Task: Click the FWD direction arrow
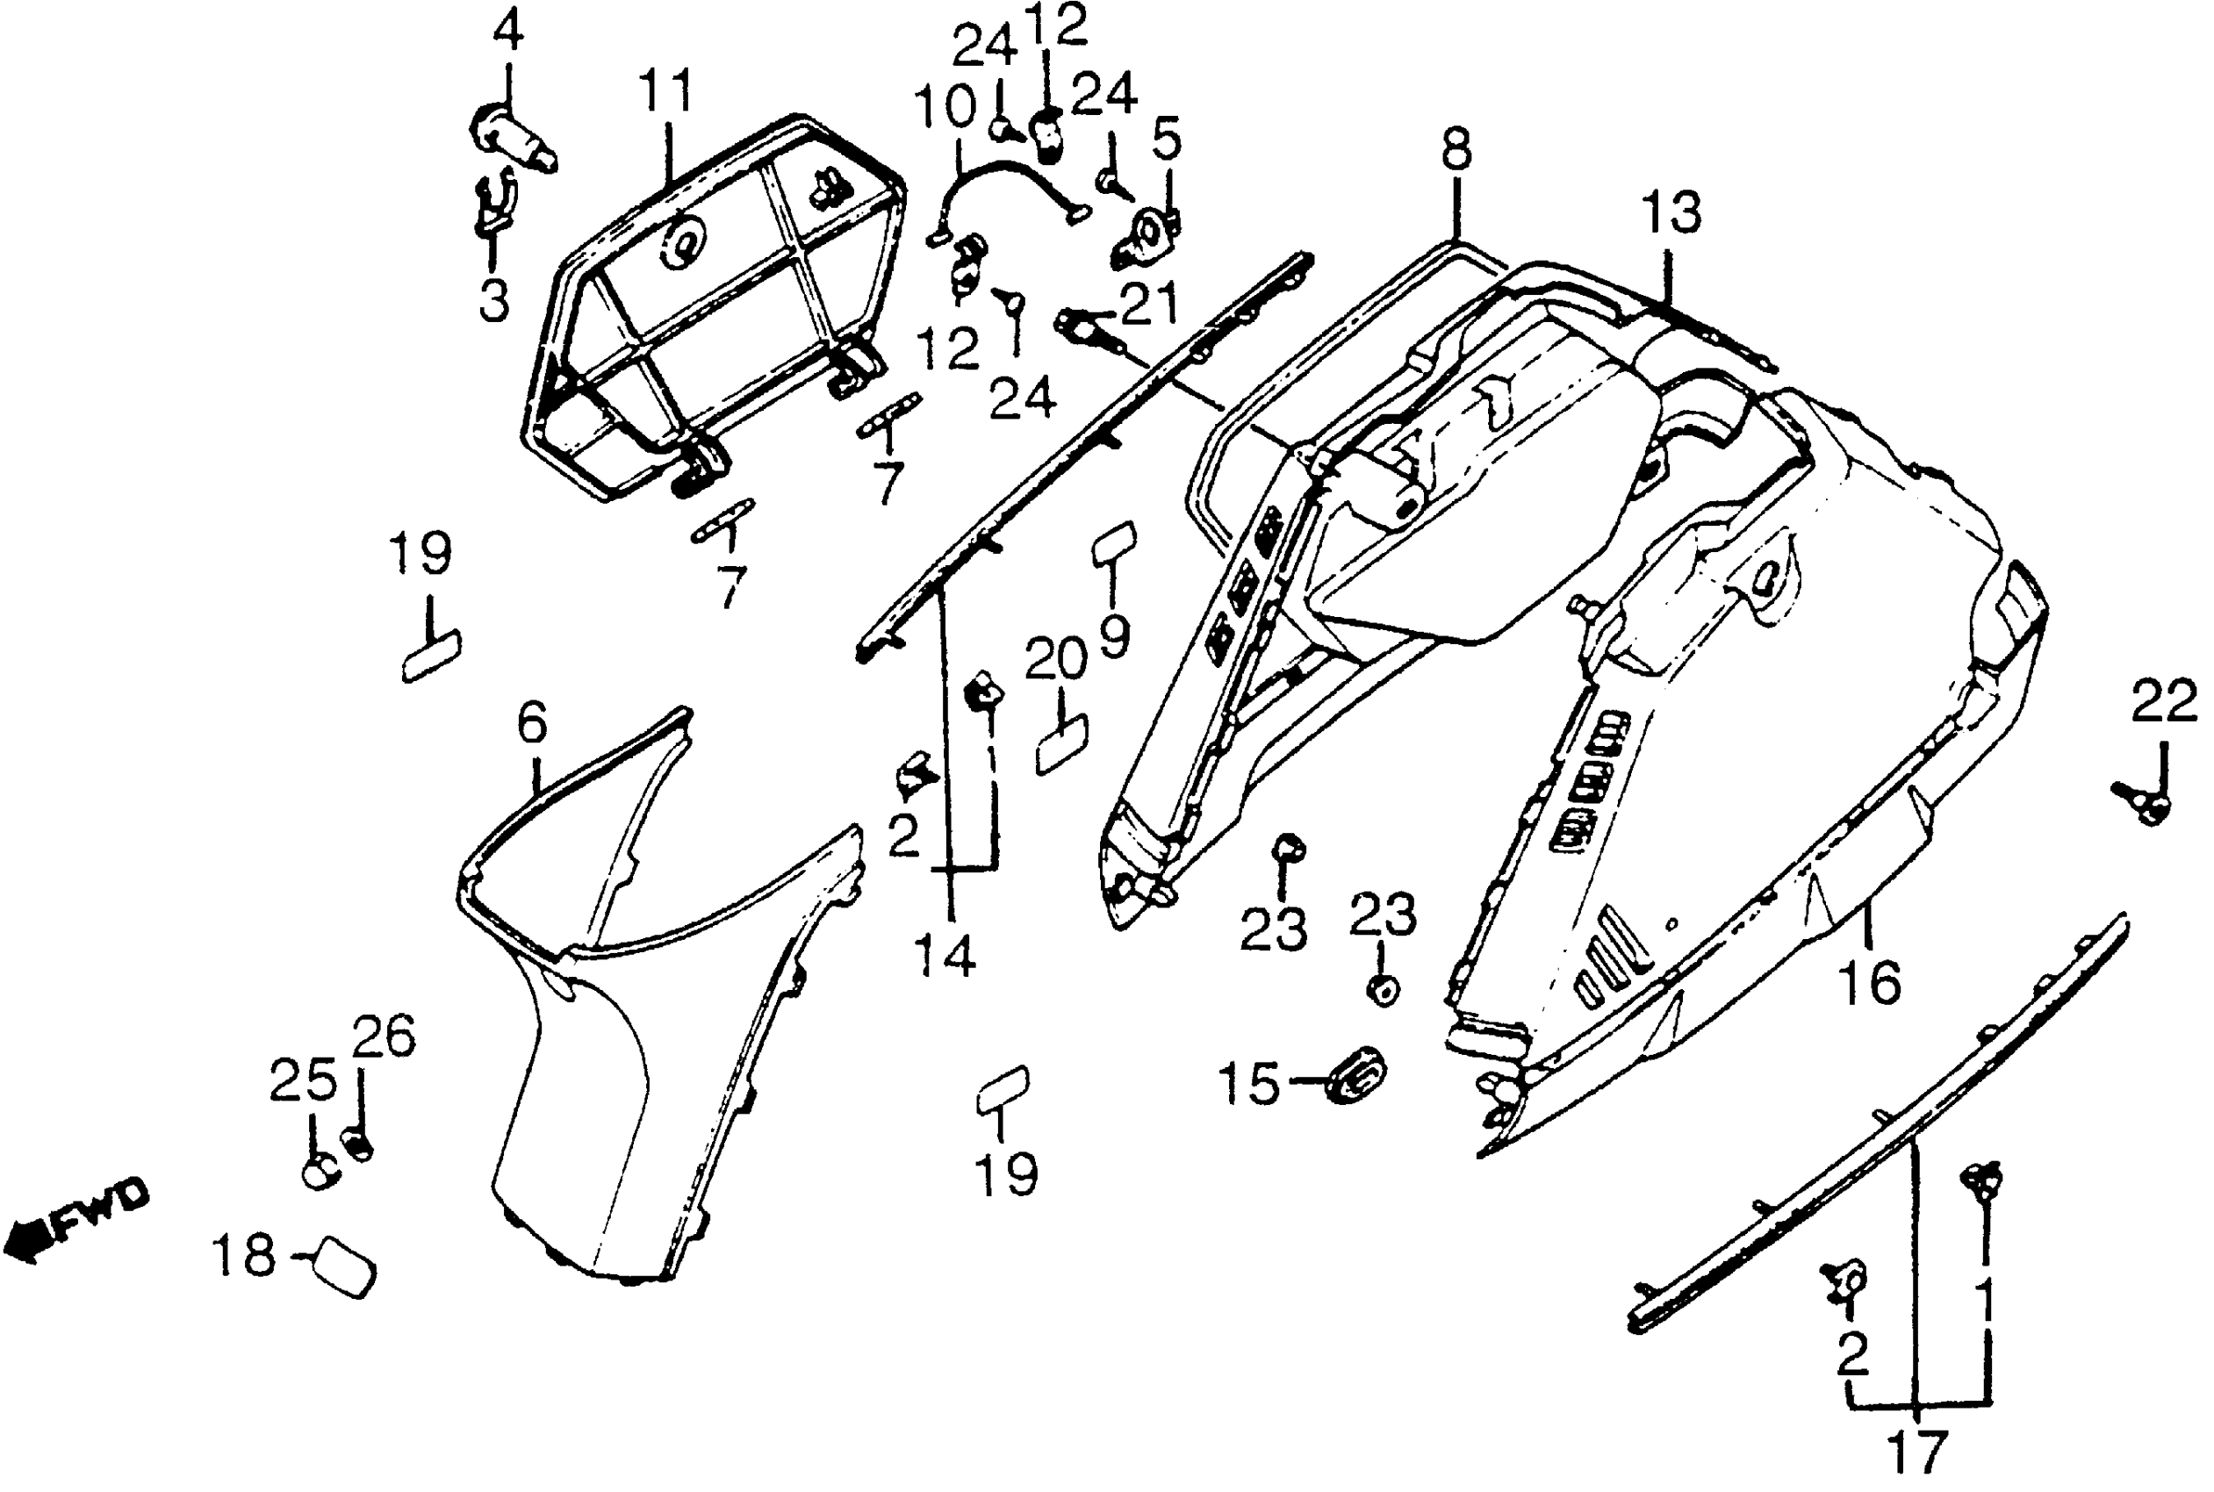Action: [x=76, y=1223]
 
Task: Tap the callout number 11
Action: [x=665, y=91]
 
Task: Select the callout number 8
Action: [x=1456, y=149]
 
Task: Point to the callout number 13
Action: [x=1671, y=212]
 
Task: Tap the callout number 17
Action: [x=1917, y=1453]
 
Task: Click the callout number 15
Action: [x=1249, y=1084]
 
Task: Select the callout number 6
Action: [x=532, y=723]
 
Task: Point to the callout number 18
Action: [x=245, y=1255]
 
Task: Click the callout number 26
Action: [x=384, y=1037]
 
